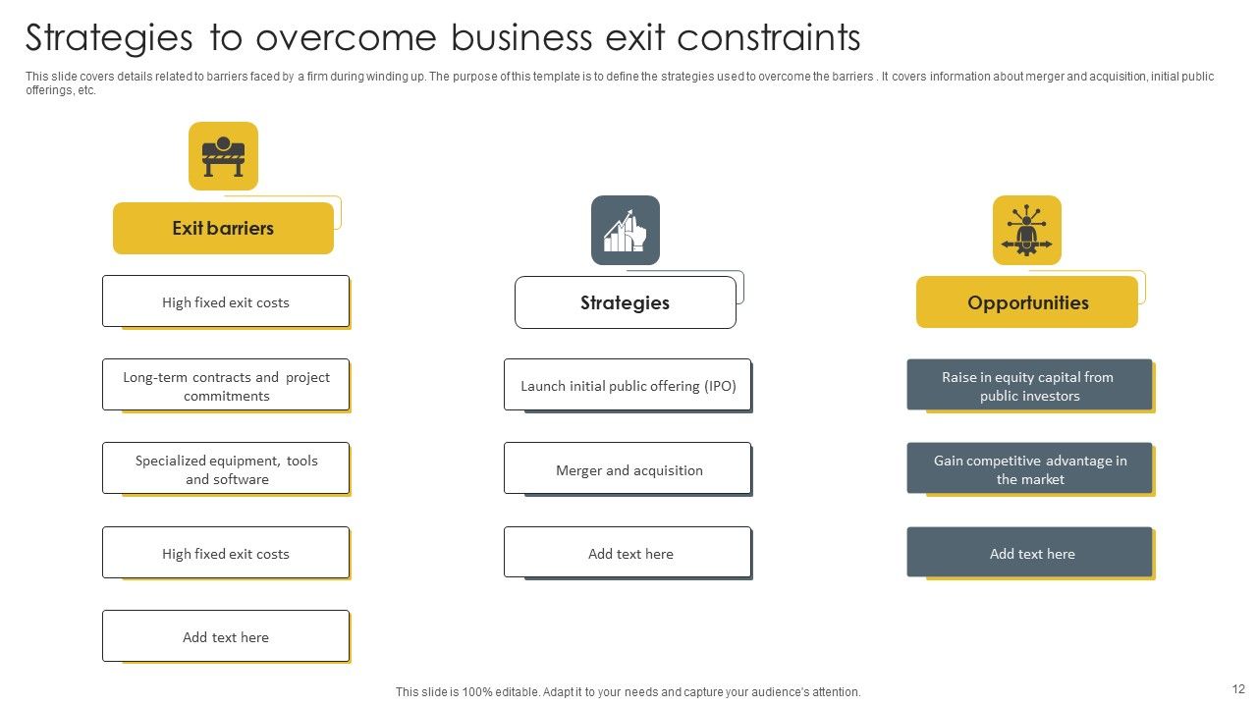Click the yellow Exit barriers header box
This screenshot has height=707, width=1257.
[223, 228]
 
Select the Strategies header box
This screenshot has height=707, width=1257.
[625, 302]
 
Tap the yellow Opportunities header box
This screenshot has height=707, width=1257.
[1027, 302]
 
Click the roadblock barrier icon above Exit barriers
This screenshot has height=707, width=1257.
[223, 156]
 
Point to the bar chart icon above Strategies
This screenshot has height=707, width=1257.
[626, 231]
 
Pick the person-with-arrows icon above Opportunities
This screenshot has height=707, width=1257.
[1027, 231]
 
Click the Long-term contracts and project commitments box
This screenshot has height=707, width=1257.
[226, 386]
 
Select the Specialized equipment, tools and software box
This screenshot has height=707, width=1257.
[226, 469]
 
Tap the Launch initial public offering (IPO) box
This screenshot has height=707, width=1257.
[628, 386]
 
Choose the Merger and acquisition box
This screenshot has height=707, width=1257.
[628, 469]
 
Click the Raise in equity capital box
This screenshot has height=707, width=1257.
[1029, 386]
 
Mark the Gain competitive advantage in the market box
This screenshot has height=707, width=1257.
[1029, 469]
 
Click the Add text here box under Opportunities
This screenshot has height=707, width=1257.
[1029, 553]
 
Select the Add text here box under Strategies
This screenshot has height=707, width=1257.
[628, 553]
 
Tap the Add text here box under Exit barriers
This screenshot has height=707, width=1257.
[226, 636]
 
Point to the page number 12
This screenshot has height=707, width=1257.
[1237, 689]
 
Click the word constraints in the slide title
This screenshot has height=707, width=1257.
[768, 38]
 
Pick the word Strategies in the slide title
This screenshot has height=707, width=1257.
[109, 38]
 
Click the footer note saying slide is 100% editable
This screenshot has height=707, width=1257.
[628, 692]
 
